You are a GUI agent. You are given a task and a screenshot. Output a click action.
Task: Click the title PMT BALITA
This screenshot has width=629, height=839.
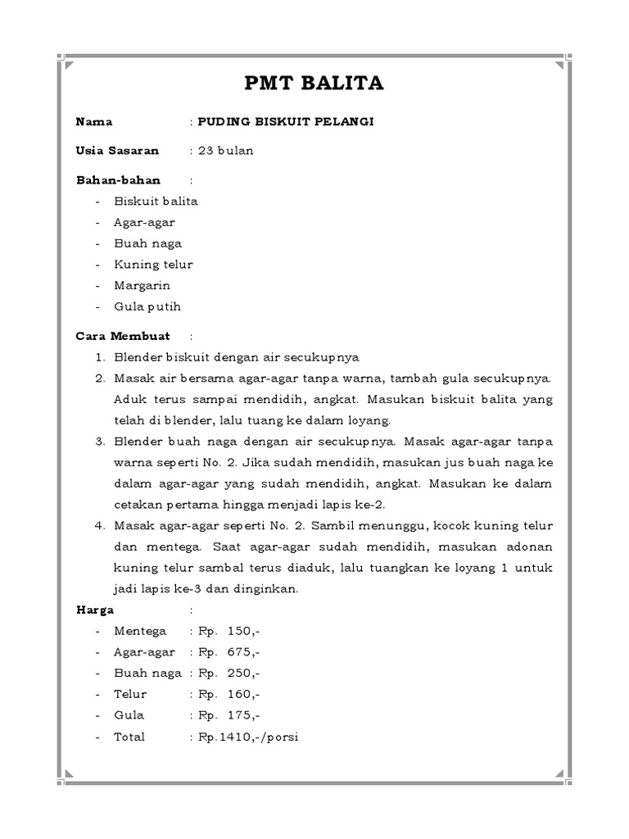pos(314,84)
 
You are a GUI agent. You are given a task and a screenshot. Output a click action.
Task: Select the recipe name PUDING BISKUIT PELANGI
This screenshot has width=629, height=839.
pos(285,122)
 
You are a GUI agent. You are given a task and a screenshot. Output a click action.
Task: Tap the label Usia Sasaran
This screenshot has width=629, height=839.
pos(117,151)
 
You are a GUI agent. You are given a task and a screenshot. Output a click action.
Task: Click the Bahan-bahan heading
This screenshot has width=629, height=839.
pos(118,180)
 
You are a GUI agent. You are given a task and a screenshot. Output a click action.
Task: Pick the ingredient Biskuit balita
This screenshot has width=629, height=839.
pos(156,201)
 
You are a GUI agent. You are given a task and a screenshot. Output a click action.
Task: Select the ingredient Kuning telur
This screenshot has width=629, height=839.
pos(154,265)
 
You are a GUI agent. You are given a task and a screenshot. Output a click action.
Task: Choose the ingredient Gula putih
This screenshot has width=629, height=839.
pos(148,307)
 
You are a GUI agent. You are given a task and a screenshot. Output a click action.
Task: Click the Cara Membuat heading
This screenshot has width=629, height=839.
pos(123,336)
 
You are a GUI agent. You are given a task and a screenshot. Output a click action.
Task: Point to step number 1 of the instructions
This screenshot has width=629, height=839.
pos(100,357)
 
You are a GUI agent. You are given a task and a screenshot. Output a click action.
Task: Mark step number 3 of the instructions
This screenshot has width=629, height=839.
pos(100,442)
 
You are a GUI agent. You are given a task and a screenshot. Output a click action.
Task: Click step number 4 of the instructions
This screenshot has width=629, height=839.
pos(100,525)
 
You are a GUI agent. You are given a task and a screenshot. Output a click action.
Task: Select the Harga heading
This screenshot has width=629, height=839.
pos(95,610)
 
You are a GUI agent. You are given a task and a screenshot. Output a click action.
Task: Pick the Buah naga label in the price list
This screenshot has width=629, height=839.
pos(148,673)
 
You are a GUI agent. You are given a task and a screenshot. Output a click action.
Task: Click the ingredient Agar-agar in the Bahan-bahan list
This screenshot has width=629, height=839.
pos(145,222)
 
